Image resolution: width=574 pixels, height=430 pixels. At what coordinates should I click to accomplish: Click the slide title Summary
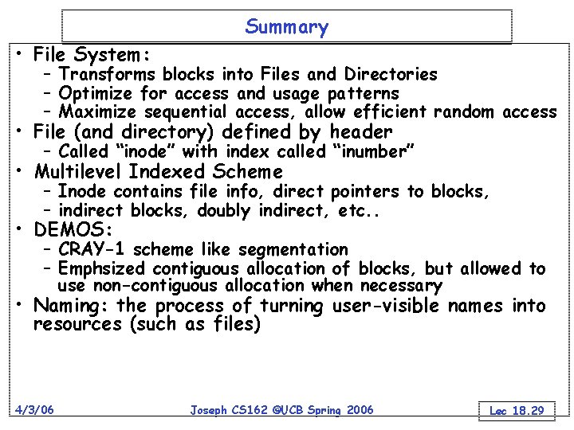coord(286,28)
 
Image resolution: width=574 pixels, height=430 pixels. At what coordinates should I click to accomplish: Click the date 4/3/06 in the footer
coord(33,409)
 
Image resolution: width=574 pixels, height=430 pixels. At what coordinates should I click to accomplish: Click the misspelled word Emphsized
coord(103,268)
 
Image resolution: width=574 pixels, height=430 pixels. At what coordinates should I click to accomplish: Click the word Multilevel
coord(79,172)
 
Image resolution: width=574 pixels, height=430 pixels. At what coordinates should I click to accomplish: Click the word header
coord(361,132)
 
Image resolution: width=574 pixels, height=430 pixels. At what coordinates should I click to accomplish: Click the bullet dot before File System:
coord(18,56)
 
